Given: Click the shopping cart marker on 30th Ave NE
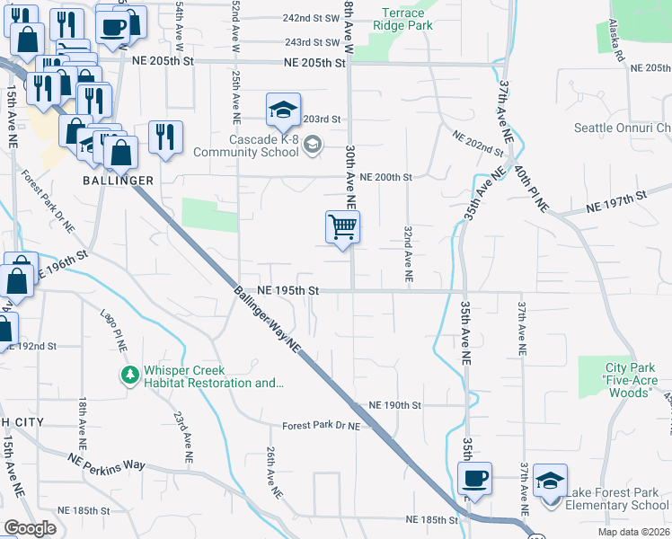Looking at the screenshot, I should (x=342, y=226).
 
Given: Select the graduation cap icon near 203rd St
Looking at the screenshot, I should (x=283, y=111).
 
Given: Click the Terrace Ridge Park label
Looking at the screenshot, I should (x=407, y=19).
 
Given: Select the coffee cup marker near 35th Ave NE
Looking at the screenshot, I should (x=474, y=479).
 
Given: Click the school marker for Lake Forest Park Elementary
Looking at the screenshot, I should (x=550, y=480).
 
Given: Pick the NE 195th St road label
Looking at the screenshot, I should (x=288, y=291).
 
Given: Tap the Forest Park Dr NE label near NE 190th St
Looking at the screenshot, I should (x=321, y=426).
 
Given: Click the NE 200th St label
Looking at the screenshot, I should (x=385, y=178).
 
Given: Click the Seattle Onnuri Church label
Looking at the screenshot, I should (x=622, y=128).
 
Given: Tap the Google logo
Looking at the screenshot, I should (x=30, y=528).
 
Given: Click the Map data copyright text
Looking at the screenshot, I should (x=633, y=532).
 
